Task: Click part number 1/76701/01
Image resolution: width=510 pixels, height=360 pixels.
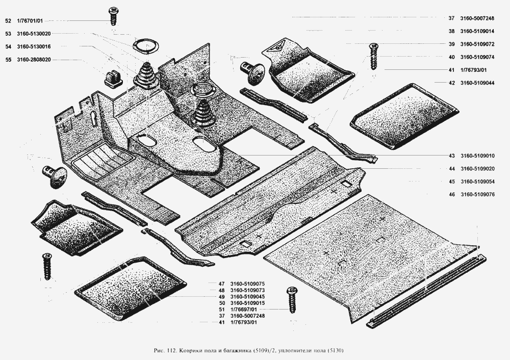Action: coord(30,21)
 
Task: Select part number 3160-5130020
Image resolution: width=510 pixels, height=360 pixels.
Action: coord(34,34)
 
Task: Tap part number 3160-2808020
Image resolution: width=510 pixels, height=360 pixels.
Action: coord(34,60)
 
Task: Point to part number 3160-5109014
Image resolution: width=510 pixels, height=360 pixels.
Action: coord(477,31)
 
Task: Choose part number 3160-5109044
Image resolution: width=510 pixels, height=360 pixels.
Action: coord(477,83)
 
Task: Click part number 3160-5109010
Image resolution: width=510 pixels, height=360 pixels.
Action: coord(477,156)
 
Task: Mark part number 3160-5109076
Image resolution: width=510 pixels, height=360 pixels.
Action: coord(477,194)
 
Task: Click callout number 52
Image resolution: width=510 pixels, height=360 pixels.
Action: coord(8,21)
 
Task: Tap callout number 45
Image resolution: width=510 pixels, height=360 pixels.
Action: coord(452,182)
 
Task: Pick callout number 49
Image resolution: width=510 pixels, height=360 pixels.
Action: coord(222,296)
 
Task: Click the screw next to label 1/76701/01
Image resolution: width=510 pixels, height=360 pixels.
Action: coord(113,16)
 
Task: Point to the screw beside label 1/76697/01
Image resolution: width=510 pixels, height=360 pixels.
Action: coord(292,300)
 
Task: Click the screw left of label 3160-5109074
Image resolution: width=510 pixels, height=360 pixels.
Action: coord(374,56)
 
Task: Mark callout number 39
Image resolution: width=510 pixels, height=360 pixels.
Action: coord(452,44)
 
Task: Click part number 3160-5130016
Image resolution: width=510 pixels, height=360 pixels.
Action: coord(34,46)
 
